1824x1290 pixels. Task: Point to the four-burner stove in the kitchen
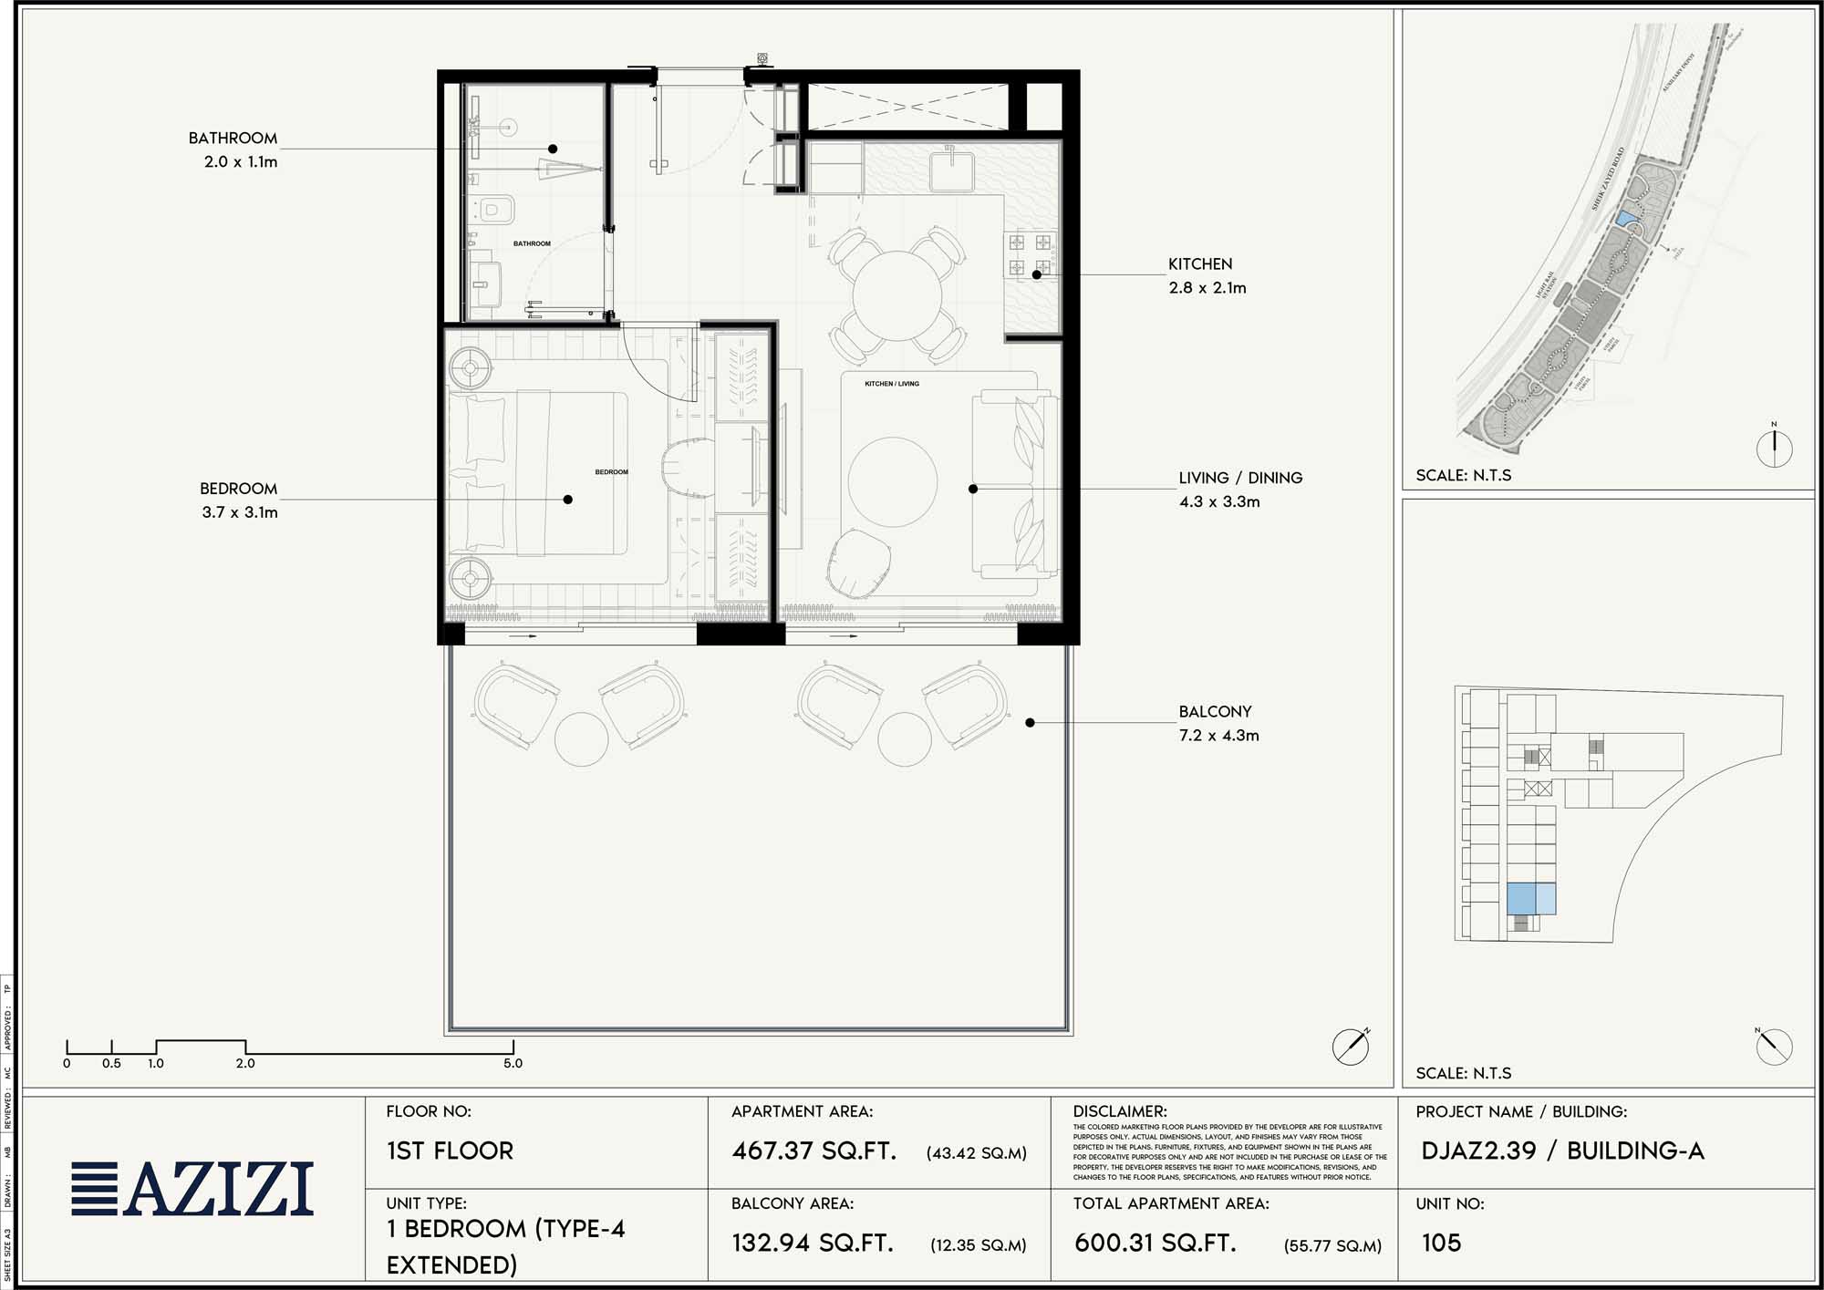(x=1030, y=254)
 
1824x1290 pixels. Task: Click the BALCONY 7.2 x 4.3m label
(x=1218, y=723)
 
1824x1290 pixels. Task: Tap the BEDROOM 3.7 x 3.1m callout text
(x=239, y=501)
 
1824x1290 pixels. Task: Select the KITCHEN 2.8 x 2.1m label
(x=1206, y=275)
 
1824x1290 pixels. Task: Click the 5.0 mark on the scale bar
(x=513, y=1063)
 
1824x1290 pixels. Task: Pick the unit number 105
(x=1441, y=1243)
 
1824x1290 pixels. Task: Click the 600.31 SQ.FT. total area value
(x=1155, y=1243)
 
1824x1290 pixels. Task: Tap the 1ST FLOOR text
(x=450, y=1151)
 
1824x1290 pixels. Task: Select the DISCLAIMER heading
(x=1119, y=1111)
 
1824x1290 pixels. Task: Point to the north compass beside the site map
(x=1774, y=447)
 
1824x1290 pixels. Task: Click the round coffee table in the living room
(x=892, y=482)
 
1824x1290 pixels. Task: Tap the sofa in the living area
(x=1014, y=484)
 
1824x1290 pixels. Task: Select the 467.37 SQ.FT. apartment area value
(x=814, y=1151)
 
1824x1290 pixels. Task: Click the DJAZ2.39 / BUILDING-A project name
(x=1561, y=1151)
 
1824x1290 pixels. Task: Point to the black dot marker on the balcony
(x=1030, y=723)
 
